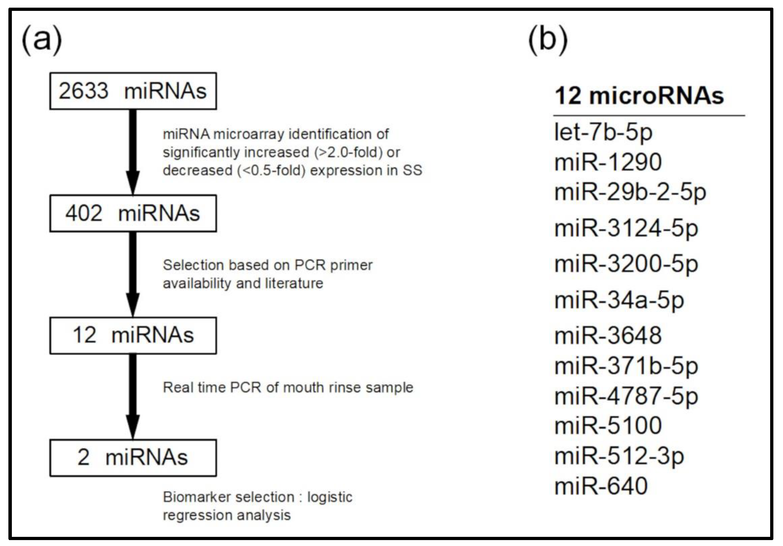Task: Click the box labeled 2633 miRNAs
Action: pos(133,91)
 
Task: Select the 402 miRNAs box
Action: pos(133,214)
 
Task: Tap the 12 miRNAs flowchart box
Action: pos(133,336)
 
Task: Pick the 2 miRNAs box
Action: pos(133,458)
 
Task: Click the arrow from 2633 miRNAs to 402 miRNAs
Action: pos(133,152)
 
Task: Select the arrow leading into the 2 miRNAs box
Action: pos(133,396)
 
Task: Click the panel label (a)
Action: pos(41,40)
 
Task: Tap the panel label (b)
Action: pos(548,40)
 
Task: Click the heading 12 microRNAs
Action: pos(639,96)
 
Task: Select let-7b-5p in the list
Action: pos(603,132)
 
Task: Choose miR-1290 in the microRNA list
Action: pos(608,162)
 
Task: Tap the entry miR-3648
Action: pos(608,336)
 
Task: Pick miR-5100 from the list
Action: pos(608,426)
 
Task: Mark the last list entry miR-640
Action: pos(601,486)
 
